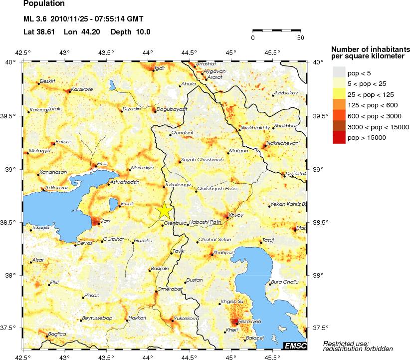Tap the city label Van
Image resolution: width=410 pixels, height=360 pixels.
pyautogui.click(x=105, y=221)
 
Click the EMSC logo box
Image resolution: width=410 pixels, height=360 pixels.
pyautogui.click(x=295, y=346)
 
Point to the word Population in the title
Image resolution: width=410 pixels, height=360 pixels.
pyautogui.click(x=44, y=3)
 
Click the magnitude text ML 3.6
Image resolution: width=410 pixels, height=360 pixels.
pyautogui.click(x=37, y=19)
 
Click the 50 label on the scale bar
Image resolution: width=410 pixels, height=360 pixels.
pyautogui.click(x=300, y=37)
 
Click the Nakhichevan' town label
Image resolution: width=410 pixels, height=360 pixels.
pyautogui.click(x=283, y=143)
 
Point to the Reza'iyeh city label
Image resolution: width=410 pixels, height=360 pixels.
pyautogui.click(x=247, y=322)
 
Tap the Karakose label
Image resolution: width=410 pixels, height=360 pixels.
pyautogui.click(x=82, y=89)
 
